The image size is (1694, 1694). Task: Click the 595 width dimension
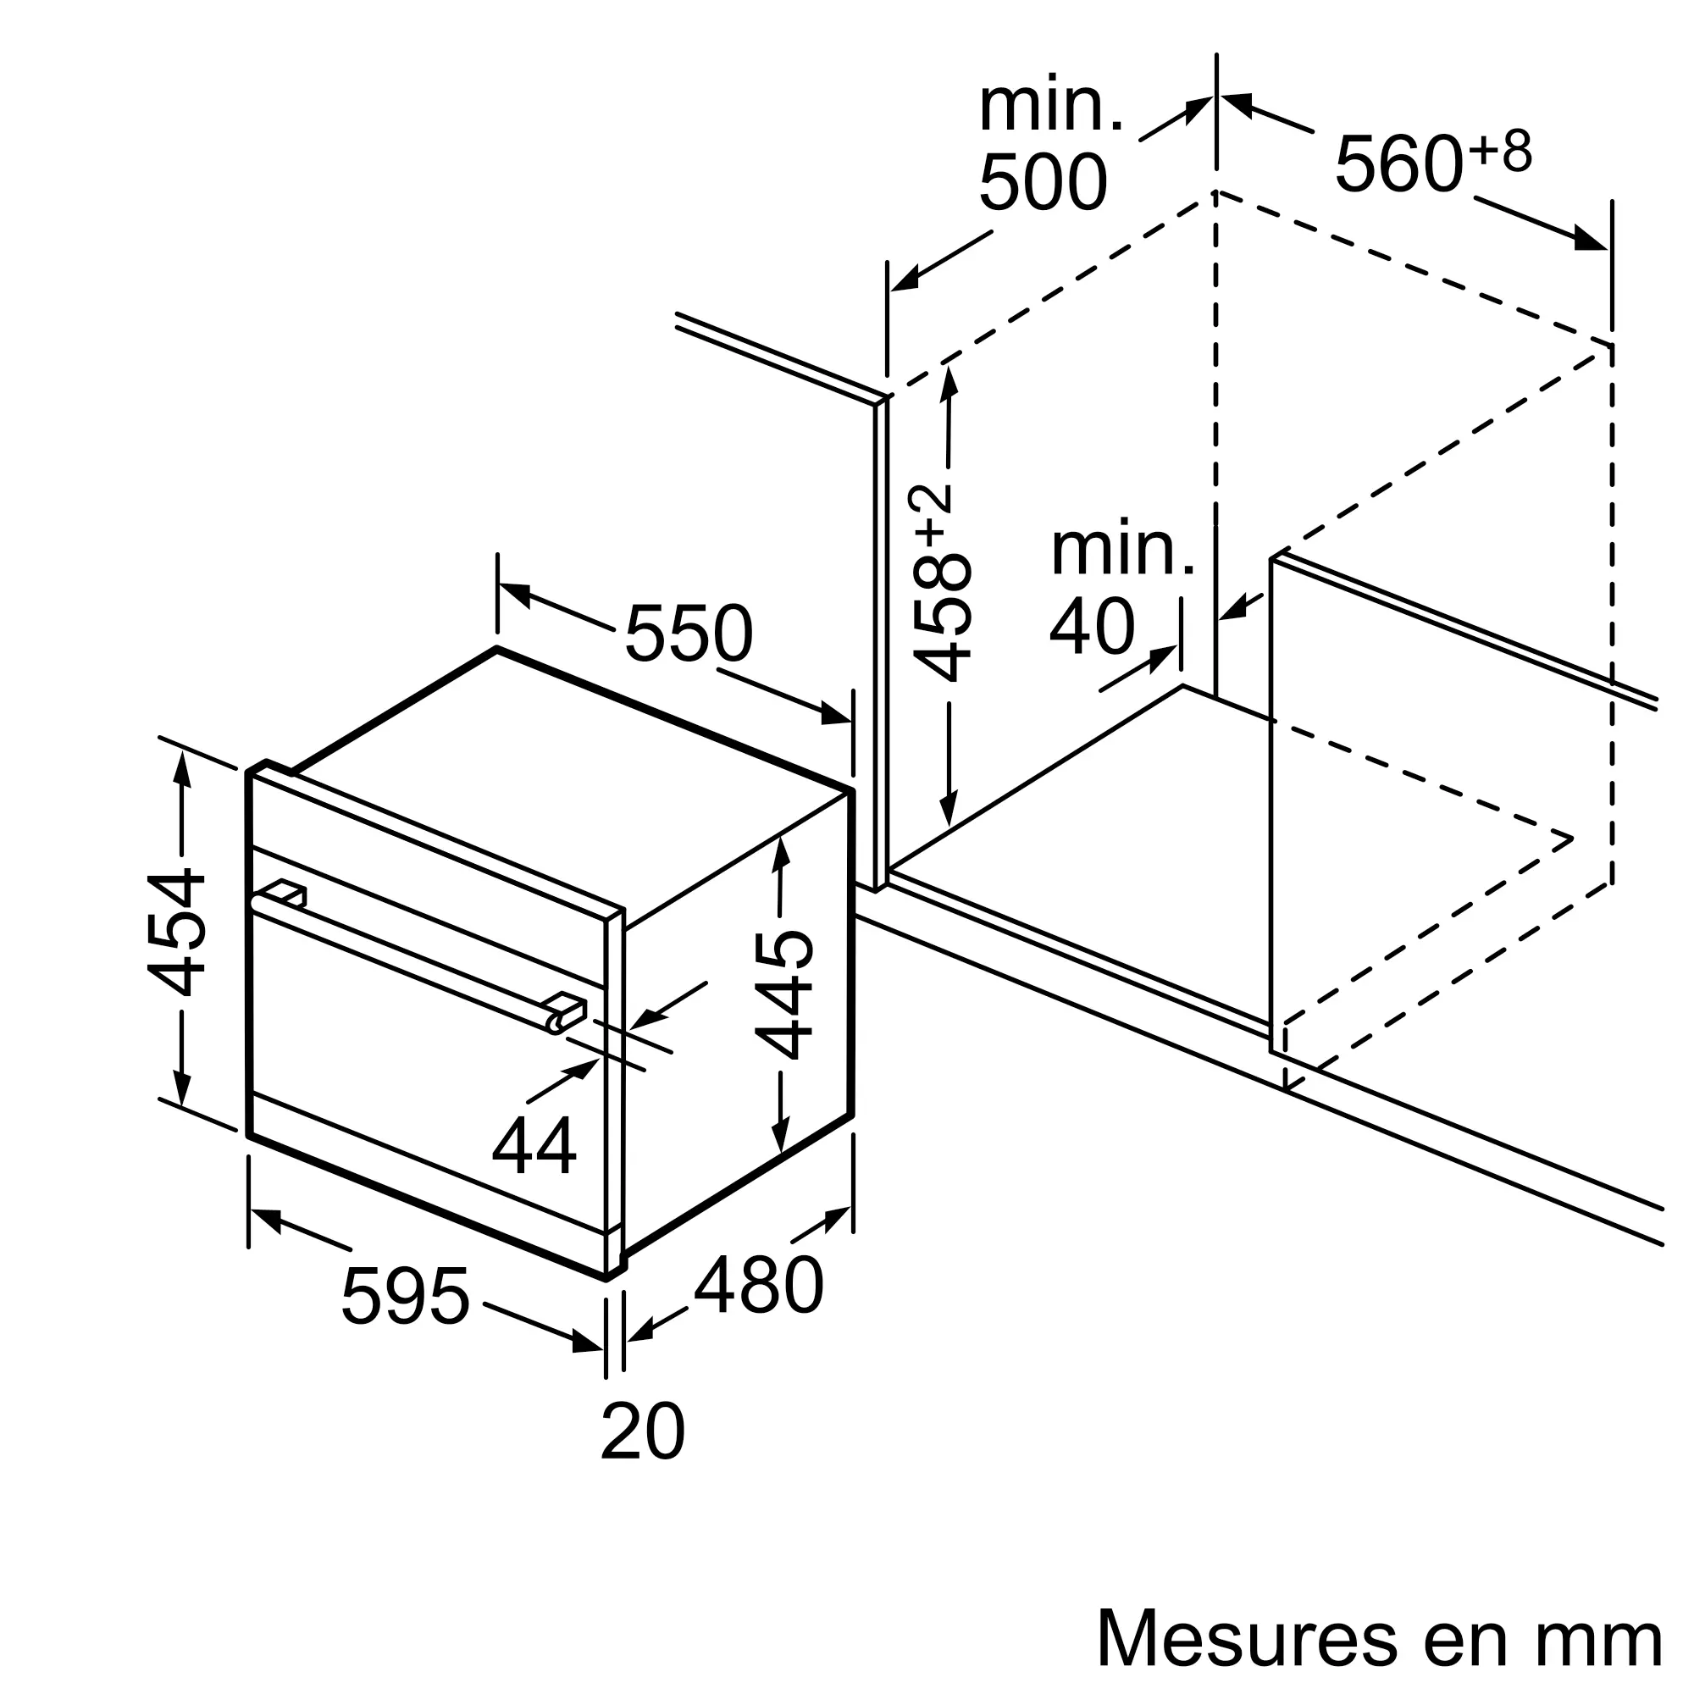[406, 1296]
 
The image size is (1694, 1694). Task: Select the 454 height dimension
[176, 933]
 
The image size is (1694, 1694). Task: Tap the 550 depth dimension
[689, 633]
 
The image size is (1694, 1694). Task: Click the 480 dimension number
[759, 1285]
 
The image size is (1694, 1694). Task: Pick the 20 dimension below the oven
[643, 1430]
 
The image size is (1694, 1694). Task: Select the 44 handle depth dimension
[534, 1144]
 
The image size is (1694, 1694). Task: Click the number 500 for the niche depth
[1043, 182]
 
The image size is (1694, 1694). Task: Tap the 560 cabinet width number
[1399, 163]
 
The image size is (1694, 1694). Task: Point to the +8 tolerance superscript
[1501, 150]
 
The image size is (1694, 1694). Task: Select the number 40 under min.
[1093, 627]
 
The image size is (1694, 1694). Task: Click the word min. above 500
[1050, 106]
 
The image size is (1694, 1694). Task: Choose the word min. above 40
[1122, 551]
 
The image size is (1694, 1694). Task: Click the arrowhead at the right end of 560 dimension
[1592, 240]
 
